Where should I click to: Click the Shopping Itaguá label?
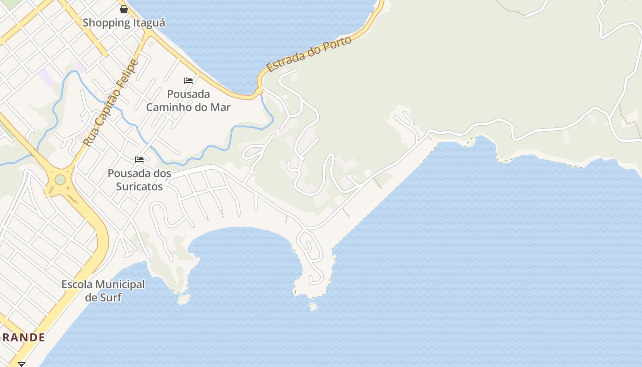click(124, 22)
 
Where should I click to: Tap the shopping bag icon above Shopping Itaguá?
click(124, 9)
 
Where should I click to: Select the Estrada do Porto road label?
click(309, 54)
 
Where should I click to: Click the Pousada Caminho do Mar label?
click(188, 100)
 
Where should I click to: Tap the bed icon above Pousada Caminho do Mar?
click(188, 81)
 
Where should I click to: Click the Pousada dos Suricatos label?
click(139, 180)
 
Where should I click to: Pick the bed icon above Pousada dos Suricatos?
click(139, 160)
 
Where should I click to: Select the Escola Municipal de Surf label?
click(103, 291)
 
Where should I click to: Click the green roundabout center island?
click(60, 179)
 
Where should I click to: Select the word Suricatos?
click(139, 187)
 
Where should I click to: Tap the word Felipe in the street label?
click(126, 73)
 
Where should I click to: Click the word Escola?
click(77, 284)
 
